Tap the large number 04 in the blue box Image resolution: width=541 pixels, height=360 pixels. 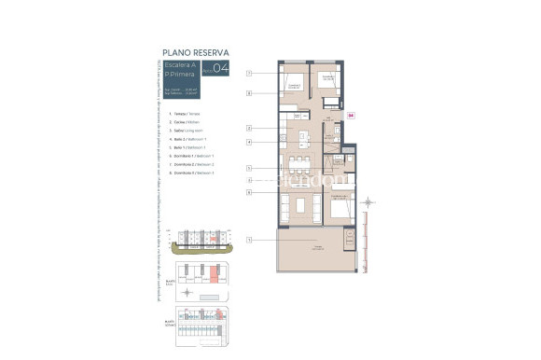[221, 68]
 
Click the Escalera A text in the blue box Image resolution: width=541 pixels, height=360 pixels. [177, 65]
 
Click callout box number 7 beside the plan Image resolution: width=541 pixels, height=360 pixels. [250, 73]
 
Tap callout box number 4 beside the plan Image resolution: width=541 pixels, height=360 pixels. [250, 142]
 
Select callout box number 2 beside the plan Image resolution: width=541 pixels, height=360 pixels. [250, 127]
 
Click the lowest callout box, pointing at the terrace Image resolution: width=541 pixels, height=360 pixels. [250, 241]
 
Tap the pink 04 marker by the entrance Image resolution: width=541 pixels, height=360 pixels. [351, 116]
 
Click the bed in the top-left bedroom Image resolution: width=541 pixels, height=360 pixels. [294, 85]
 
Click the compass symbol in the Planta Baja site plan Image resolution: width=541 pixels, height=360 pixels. [187, 291]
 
